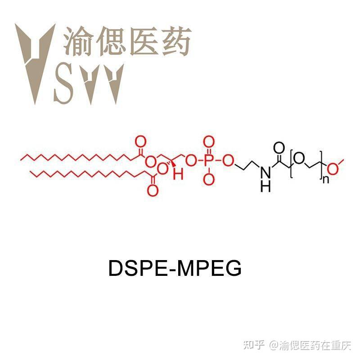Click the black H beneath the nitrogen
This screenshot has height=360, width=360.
[266, 185]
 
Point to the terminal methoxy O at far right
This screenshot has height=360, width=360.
[333, 169]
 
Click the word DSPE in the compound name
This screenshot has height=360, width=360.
[130, 269]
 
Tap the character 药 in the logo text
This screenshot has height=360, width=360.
[175, 40]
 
